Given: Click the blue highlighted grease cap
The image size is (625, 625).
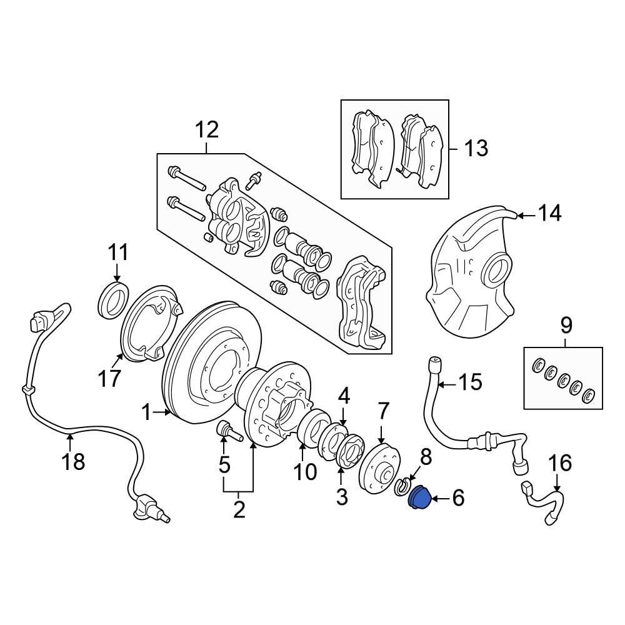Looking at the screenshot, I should [417, 499].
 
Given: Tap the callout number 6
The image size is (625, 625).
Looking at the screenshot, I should [458, 498].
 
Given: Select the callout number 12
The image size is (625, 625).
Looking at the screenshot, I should [207, 131].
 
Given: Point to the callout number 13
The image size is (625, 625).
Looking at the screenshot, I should [476, 148].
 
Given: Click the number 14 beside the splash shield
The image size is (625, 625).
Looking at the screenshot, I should [549, 214].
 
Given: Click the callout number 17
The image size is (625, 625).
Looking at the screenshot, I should [109, 379].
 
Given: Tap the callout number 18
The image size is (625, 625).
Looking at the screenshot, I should [73, 462].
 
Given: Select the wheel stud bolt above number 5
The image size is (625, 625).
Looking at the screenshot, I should [225, 431].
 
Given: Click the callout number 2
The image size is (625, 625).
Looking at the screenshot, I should [239, 510].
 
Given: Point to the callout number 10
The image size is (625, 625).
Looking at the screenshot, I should [306, 472].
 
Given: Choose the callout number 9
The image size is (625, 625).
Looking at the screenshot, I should [566, 326].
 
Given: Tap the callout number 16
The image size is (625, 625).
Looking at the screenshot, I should [560, 463].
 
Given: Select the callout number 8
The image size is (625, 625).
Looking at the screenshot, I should [426, 457].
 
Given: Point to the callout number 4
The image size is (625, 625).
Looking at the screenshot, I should [344, 396].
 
